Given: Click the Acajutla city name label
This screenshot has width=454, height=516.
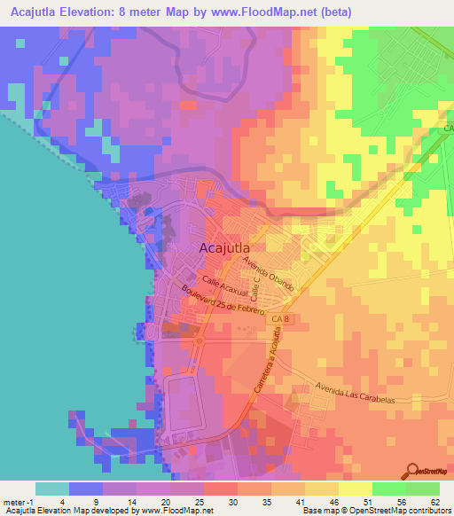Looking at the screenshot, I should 224,249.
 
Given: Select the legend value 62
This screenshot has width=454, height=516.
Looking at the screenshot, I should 434,501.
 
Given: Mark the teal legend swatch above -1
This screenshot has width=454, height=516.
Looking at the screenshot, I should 52,489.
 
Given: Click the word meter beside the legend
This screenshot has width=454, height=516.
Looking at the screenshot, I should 16,501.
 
